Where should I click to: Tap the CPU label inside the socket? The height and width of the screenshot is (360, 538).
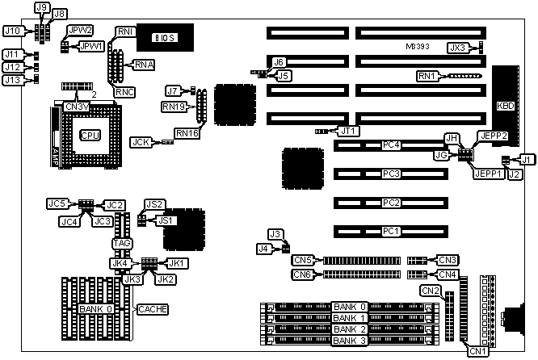click(x=90, y=135)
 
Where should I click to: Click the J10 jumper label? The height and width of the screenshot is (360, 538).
click(x=13, y=31)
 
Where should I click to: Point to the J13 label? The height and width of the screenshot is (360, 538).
click(x=13, y=80)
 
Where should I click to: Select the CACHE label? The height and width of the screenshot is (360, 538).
click(x=152, y=309)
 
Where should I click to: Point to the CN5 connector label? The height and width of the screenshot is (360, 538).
click(x=302, y=260)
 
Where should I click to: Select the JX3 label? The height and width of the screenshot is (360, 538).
click(x=459, y=48)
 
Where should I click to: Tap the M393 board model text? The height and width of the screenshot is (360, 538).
click(x=418, y=47)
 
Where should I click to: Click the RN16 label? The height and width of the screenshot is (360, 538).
click(x=187, y=133)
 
